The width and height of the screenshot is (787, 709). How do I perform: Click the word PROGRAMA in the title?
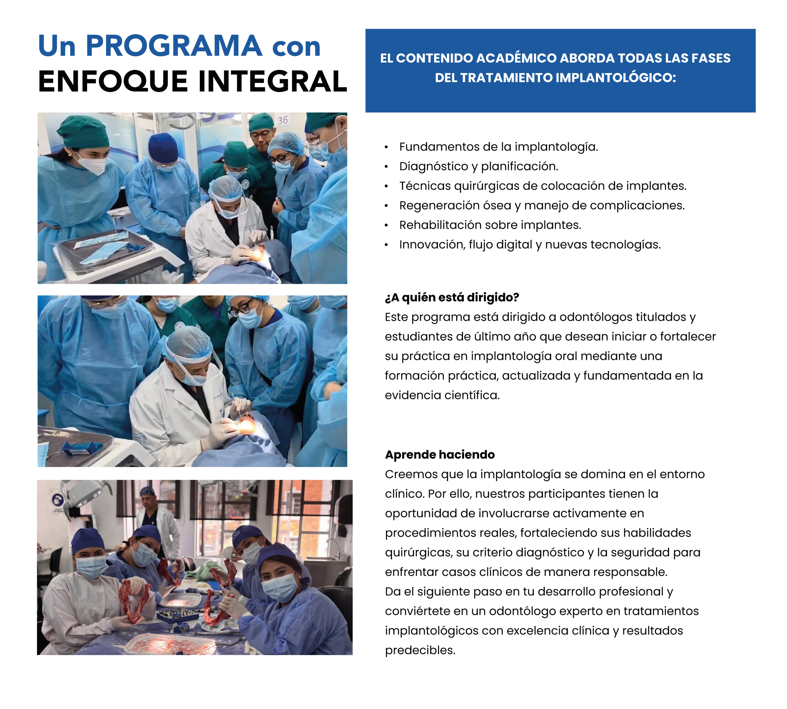pyautogui.click(x=174, y=46)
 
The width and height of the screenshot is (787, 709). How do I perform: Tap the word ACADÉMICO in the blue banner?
pyautogui.click(x=516, y=58)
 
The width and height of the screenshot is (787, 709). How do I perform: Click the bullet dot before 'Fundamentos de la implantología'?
pyautogui.click(x=386, y=147)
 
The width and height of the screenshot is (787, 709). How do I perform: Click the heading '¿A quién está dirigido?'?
pyautogui.click(x=452, y=297)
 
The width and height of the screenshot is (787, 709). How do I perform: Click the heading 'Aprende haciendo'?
pyautogui.click(x=440, y=454)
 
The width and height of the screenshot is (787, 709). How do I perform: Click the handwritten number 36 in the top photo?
pyautogui.click(x=283, y=120)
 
